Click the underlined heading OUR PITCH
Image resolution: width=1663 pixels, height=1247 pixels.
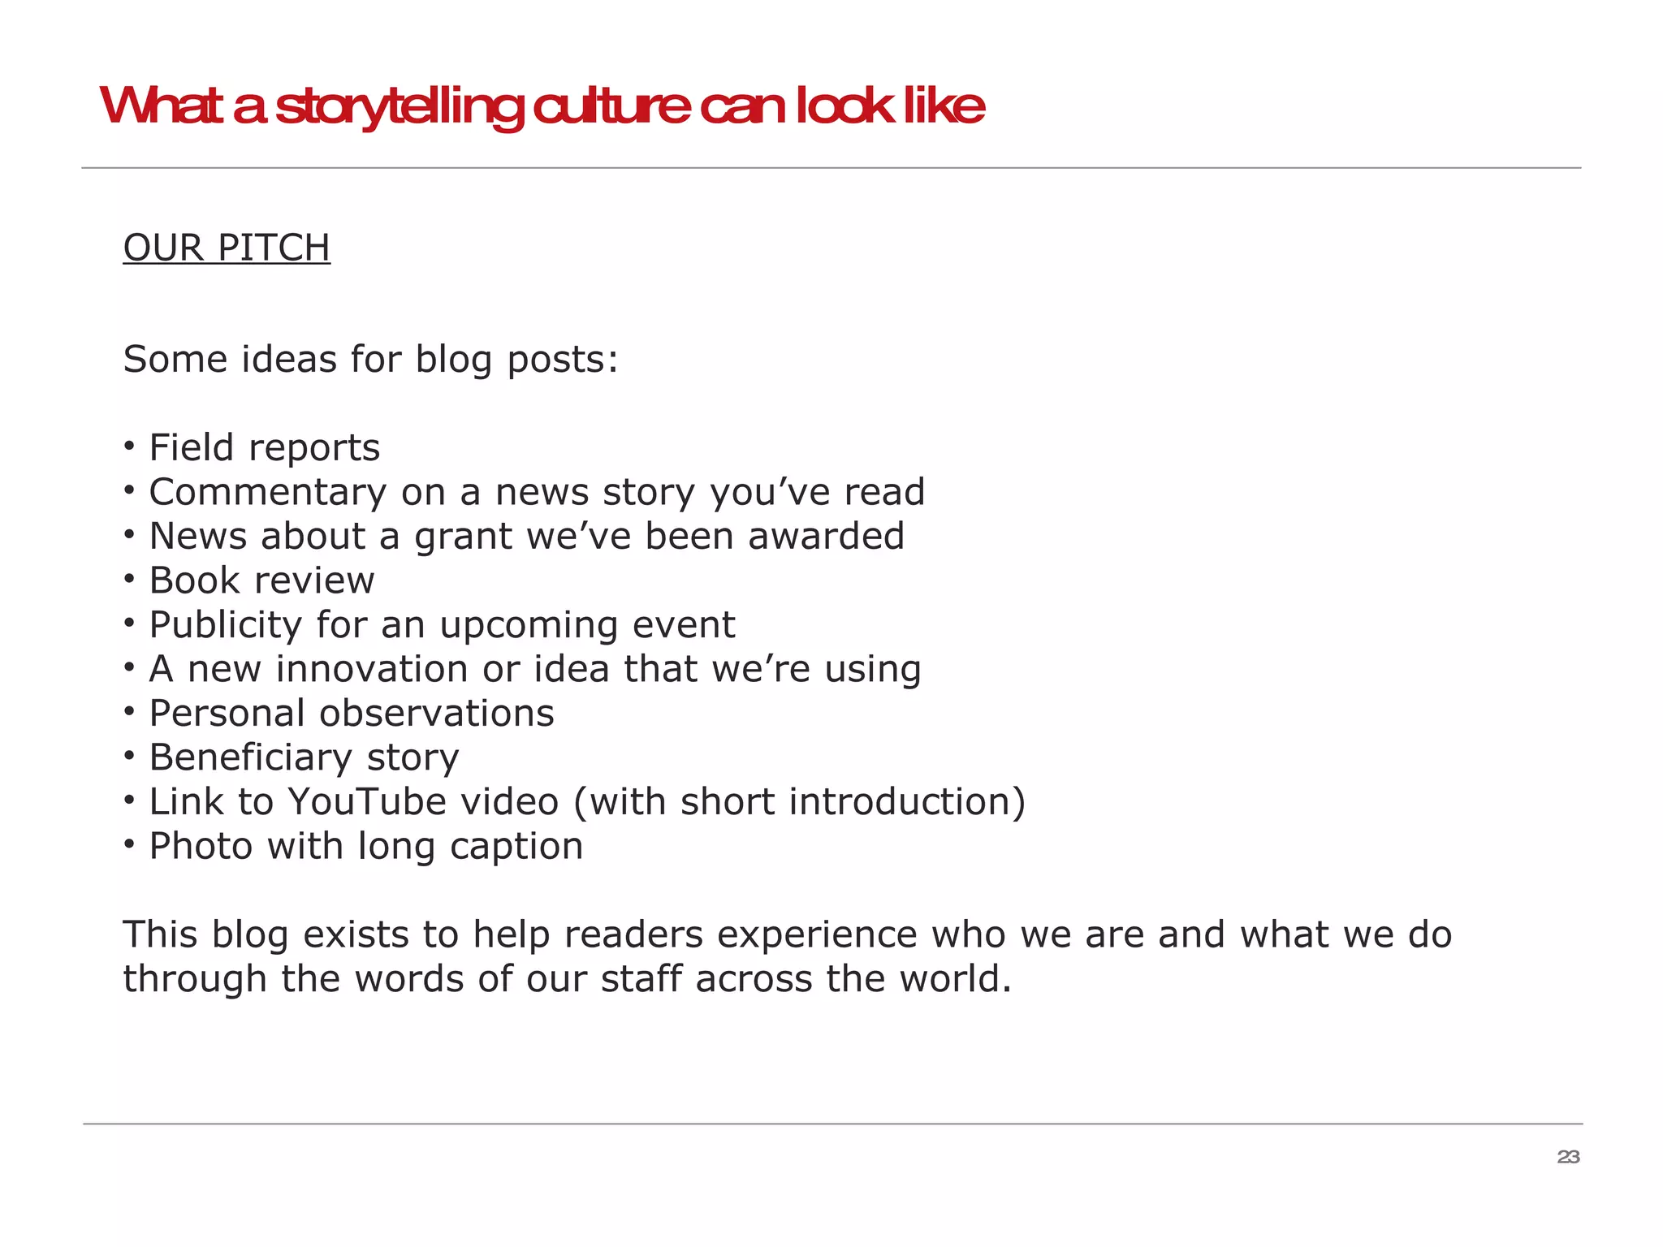point(227,248)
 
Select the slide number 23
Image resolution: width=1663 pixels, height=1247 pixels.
point(1568,1157)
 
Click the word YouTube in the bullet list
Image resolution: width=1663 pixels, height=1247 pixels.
point(366,802)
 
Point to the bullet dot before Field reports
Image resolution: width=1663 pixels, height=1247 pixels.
point(129,446)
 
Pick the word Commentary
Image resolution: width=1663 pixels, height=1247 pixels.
point(268,493)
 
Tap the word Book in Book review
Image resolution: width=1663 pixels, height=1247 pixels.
point(195,580)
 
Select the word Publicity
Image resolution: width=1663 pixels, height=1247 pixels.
point(226,625)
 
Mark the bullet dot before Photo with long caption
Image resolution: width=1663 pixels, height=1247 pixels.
point(129,844)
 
